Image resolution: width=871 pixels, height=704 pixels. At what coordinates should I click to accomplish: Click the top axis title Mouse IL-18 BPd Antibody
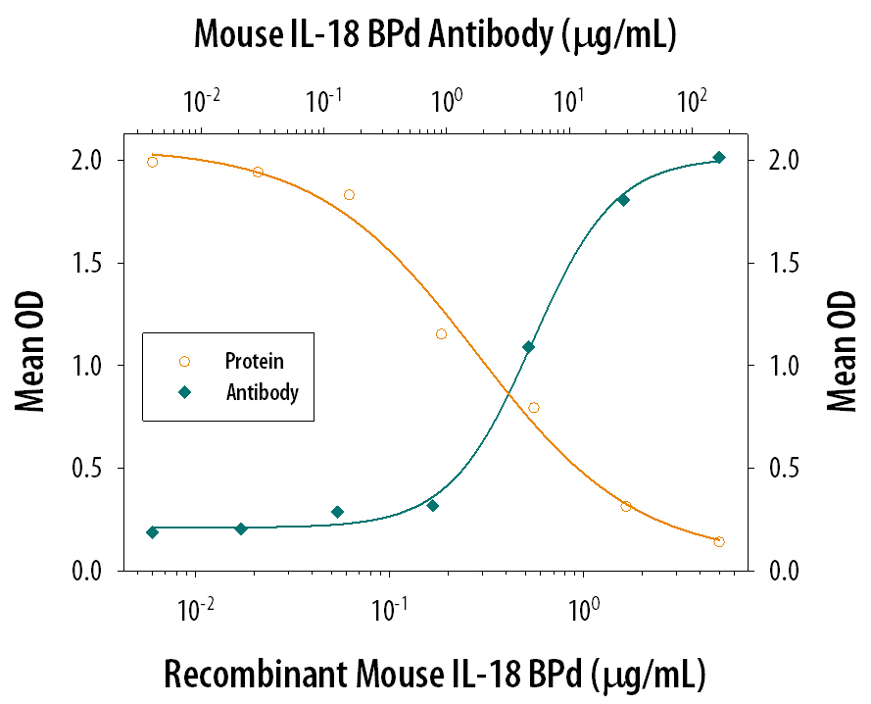point(435,36)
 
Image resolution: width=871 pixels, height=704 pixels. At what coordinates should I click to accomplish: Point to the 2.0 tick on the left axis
point(95,160)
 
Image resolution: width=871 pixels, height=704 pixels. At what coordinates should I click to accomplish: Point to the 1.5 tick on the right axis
point(773,263)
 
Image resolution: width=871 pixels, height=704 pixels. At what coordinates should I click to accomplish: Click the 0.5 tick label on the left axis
point(95,469)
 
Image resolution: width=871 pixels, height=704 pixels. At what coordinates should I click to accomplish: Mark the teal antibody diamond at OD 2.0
point(718,158)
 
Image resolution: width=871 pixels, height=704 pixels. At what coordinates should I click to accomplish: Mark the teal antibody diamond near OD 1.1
point(528,347)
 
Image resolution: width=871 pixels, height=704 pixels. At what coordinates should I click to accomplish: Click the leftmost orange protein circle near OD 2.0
point(152,162)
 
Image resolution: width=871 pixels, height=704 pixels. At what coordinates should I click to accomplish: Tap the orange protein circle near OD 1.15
point(441,334)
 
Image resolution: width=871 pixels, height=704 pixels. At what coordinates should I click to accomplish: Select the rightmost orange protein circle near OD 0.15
point(719,542)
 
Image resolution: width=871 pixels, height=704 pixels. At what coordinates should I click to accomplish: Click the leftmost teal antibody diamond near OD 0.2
point(152,532)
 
